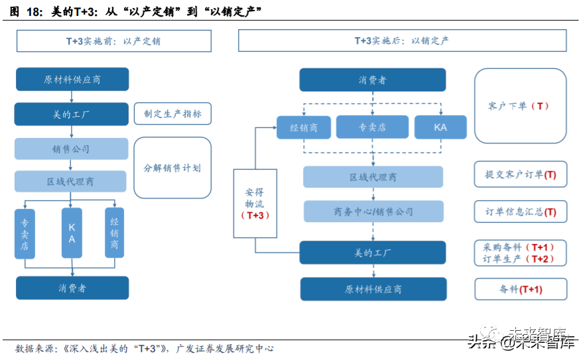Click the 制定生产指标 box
point(172,113)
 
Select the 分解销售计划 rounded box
point(172,168)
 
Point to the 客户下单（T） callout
point(520,105)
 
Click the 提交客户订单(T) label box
point(520,175)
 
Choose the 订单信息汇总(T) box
point(520,212)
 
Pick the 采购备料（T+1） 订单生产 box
point(520,253)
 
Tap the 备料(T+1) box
point(520,290)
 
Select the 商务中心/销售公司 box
point(373,212)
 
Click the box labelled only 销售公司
point(71,149)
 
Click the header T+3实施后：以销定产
point(402,41)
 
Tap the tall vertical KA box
point(72,233)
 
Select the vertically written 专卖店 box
point(25,233)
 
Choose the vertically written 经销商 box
point(114,233)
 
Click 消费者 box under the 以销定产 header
point(372,80)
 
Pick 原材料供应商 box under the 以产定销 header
point(72,80)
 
